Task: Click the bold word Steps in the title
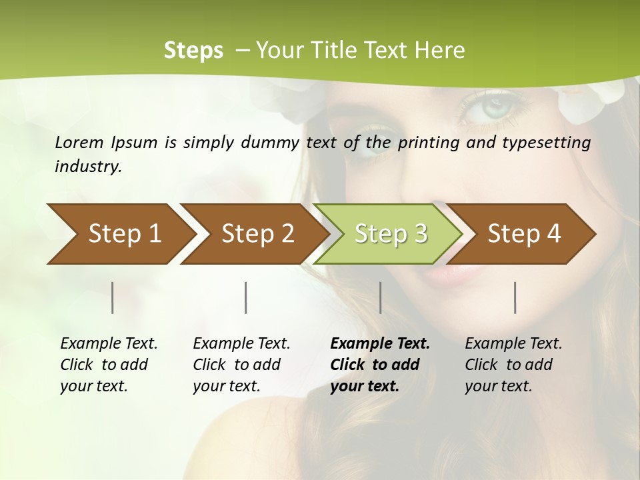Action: coord(193,51)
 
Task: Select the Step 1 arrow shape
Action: coord(120,234)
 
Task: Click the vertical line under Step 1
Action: coord(113,297)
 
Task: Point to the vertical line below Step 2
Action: coord(246,297)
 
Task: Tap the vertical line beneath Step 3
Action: coord(381,297)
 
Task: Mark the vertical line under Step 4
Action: coord(515,297)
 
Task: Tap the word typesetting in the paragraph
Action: coord(551,142)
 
